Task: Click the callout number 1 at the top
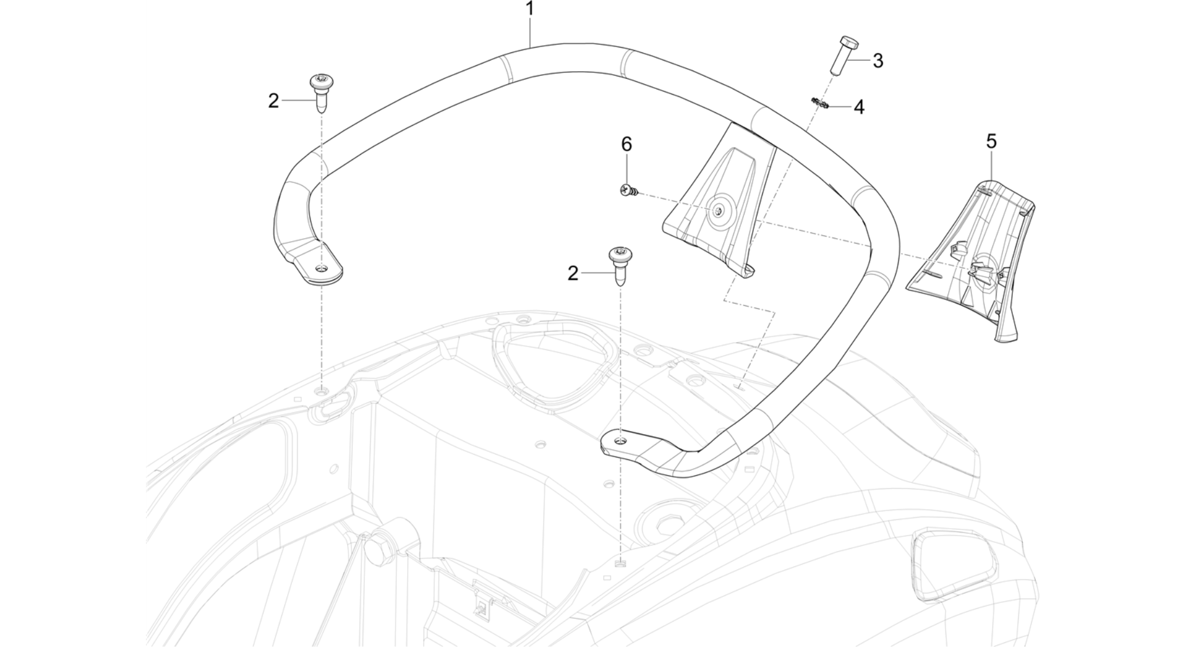point(530,9)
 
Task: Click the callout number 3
point(878,61)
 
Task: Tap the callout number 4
point(859,107)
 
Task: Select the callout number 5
point(992,142)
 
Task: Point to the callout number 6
point(627,144)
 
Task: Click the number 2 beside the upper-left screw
point(274,101)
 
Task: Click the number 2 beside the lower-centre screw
point(573,273)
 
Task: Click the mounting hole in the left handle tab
point(322,269)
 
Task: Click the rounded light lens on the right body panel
point(954,560)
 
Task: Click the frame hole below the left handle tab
point(322,391)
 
